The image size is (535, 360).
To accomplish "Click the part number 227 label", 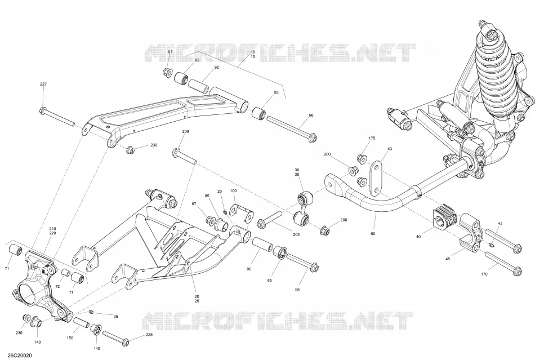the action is point(43,84).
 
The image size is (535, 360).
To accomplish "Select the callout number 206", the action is point(186,131).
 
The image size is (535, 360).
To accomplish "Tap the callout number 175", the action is point(372,138).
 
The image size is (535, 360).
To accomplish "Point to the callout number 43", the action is point(390,149).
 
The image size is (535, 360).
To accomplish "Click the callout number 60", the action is point(373,234).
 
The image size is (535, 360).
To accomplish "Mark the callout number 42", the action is point(500,224).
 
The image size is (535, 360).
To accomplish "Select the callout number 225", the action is point(149,335).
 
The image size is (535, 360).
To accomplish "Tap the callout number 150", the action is point(70,338).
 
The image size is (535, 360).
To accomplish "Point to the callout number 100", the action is point(233,191).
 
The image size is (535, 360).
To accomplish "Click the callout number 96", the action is point(311,115).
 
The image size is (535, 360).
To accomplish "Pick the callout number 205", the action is point(296,234).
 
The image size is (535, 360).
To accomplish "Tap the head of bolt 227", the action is point(43,111).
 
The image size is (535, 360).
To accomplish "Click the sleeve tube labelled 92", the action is point(199,85).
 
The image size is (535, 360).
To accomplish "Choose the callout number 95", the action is point(297,290).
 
